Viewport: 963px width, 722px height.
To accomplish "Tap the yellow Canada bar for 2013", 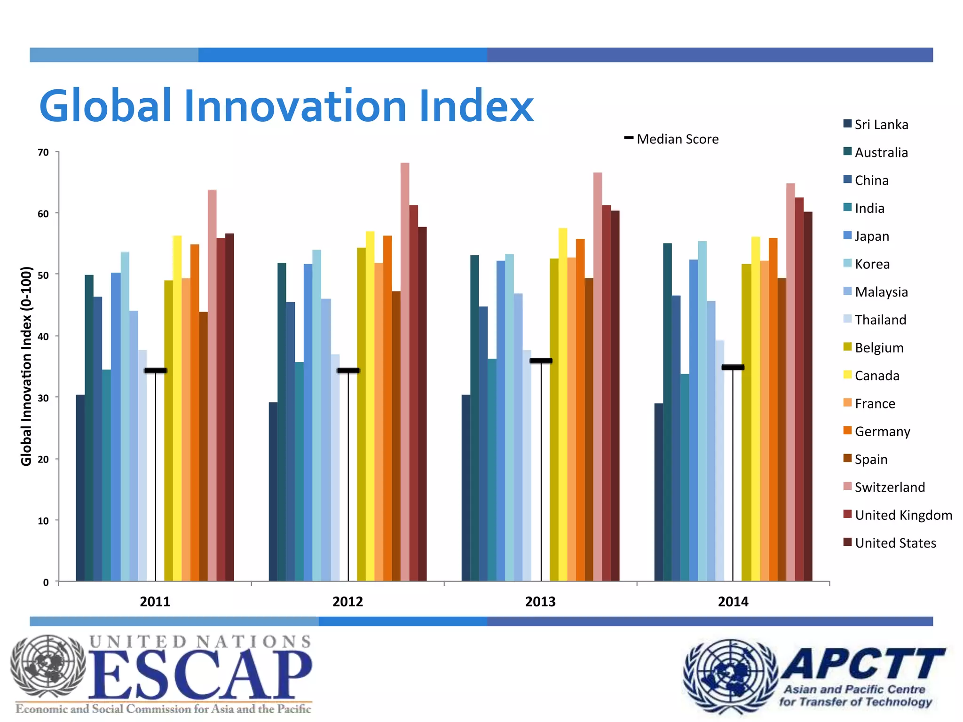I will [x=563, y=404].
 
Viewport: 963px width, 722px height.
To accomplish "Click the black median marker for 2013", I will [x=541, y=361].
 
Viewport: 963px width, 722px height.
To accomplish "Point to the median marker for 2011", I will [x=155, y=370].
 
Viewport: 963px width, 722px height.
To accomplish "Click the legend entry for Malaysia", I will [x=881, y=292].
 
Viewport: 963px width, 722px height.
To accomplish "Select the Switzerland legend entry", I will [x=889, y=487].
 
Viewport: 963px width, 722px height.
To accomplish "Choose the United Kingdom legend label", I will [x=903, y=515].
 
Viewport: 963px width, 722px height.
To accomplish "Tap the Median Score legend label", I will [x=677, y=139].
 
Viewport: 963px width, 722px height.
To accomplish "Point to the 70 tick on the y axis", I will [x=43, y=152].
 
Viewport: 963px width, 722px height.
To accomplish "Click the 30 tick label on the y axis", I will [x=43, y=398].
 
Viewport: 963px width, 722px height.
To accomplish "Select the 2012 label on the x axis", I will [x=347, y=602].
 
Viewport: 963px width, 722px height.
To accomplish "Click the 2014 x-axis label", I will [x=733, y=602].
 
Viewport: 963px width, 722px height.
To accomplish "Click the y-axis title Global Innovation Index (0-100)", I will [x=26, y=367].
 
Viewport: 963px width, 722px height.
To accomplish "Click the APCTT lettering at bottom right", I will [x=863, y=664].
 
